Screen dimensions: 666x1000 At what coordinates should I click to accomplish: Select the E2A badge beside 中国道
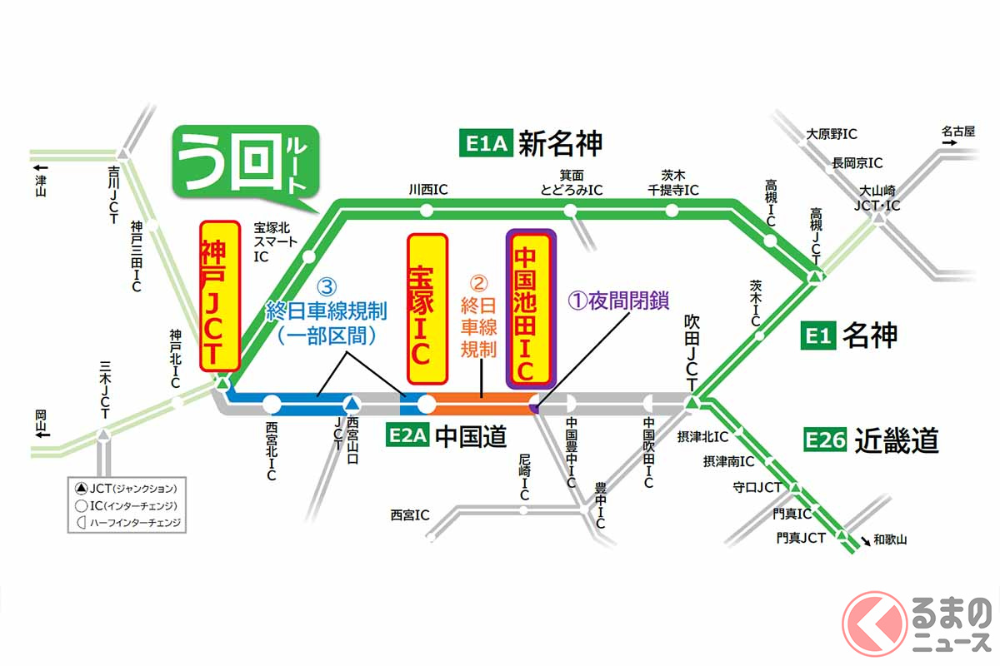pos(407,437)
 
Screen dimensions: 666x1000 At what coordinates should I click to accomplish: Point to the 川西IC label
pos(428,190)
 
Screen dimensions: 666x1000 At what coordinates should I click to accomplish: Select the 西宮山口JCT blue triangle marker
pos(352,404)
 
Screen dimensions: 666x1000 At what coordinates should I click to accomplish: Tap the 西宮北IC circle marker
pos(272,405)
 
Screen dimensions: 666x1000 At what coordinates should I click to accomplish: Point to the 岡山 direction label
pos(41,422)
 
